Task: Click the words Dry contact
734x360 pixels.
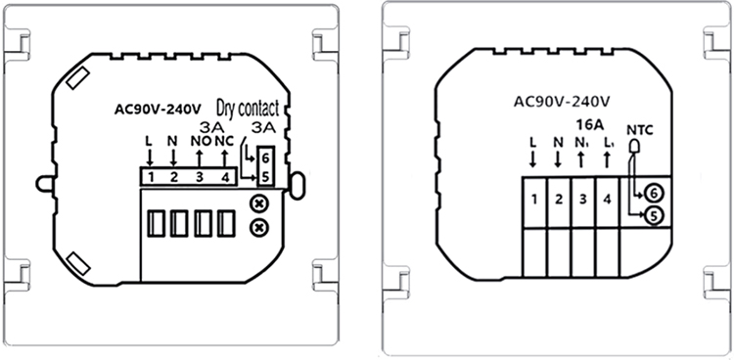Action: pyautogui.click(x=248, y=108)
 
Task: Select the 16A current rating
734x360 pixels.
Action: pyautogui.click(x=588, y=124)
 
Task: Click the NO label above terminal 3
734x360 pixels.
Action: pyautogui.click(x=200, y=142)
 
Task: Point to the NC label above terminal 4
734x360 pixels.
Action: pyautogui.click(x=224, y=142)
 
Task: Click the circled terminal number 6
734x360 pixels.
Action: pyautogui.click(x=654, y=193)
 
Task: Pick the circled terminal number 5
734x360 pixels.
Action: pyautogui.click(x=654, y=216)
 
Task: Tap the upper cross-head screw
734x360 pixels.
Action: pyautogui.click(x=257, y=204)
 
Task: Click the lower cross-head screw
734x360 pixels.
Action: pyautogui.click(x=257, y=228)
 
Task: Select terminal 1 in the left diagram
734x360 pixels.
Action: pyautogui.click(x=151, y=177)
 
